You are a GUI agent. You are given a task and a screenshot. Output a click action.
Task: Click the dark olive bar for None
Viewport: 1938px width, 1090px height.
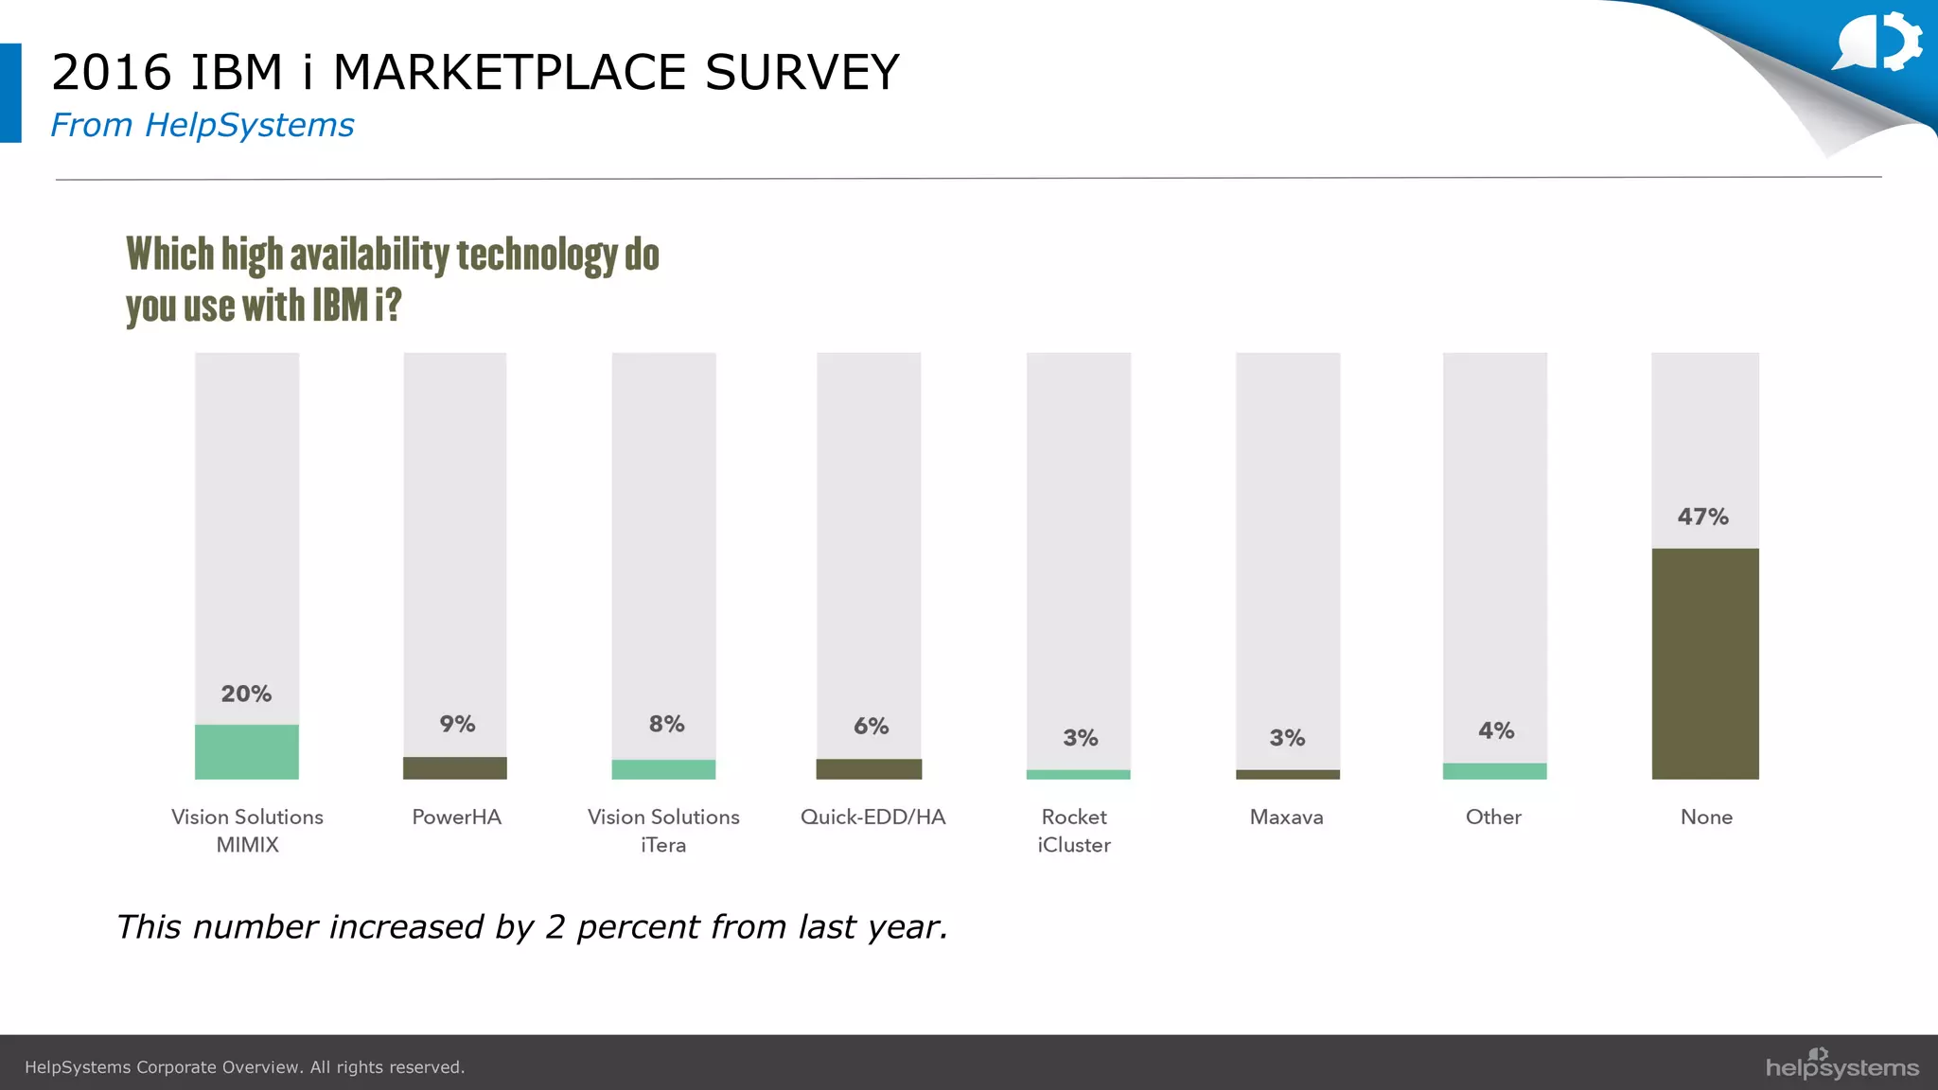pos(1705,663)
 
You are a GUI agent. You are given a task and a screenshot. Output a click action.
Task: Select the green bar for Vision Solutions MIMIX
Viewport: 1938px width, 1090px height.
pos(247,752)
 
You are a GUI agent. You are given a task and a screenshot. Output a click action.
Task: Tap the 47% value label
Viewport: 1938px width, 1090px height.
pos(1702,517)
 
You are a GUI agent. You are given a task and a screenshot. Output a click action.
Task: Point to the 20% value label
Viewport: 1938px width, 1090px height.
pos(246,694)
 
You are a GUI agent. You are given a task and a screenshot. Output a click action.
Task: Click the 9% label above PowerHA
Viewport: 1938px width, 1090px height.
pos(457,724)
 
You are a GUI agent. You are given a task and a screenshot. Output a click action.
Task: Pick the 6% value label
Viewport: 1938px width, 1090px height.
pos(871,726)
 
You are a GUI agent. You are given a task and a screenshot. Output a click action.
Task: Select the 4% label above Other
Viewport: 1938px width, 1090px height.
pos(1496,730)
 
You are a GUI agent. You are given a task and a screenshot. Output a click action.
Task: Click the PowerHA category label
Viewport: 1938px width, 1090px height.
pos(456,817)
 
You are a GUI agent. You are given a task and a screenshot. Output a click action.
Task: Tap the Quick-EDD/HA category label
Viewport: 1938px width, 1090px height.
pos(872,817)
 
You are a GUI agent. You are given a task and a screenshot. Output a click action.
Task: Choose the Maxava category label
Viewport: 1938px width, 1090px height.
pos(1286,817)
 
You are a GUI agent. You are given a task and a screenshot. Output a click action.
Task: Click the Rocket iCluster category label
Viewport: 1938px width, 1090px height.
pos(1074,831)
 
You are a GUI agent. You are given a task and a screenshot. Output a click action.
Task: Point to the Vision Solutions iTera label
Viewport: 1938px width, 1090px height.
pos(663,831)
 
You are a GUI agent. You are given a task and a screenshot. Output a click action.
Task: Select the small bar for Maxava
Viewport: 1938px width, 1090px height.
pos(1287,774)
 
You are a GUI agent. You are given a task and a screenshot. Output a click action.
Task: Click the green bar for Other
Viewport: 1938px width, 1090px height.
pos(1494,771)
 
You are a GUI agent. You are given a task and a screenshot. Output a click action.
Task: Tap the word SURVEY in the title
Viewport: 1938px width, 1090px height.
pos(802,73)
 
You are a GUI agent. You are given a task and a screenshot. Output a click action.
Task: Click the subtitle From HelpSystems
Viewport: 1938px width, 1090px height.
pos(202,125)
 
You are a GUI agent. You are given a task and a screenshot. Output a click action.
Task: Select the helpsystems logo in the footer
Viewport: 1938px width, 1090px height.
pos(1841,1065)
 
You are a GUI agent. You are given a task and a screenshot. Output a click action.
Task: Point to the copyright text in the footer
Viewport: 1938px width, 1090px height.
pos(244,1067)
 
